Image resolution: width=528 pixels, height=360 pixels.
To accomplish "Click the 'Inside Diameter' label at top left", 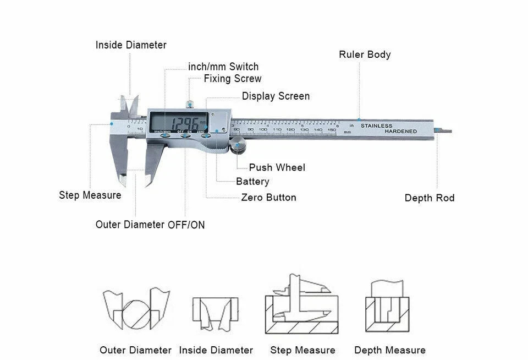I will pos(131,45).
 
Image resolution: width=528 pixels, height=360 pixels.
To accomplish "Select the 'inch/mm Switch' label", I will pos(223,67).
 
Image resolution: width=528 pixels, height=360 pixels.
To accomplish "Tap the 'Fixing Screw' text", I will pos(233,79).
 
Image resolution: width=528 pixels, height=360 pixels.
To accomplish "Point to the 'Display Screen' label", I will pos(276,96).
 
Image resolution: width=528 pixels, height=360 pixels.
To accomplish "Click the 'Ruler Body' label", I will pos(365,54).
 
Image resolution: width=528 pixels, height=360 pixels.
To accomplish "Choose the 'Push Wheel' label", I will pos(277,167).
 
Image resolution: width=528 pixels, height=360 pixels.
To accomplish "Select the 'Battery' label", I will pos(252,182).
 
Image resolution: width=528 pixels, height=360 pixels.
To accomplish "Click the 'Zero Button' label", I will pos(268,198).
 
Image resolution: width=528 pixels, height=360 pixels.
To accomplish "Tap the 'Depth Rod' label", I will pos(430,198).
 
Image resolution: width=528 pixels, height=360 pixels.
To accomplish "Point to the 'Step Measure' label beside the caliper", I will pos(90,195).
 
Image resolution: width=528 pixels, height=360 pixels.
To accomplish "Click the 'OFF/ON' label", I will pos(186,225).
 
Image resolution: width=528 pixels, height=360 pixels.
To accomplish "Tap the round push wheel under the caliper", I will pos(238,147).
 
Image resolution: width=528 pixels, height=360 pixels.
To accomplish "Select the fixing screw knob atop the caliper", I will pos(189,103).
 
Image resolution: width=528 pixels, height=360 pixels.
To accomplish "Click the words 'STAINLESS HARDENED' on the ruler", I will pos(388,128).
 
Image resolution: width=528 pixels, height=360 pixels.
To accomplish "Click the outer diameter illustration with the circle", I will pos(135,310).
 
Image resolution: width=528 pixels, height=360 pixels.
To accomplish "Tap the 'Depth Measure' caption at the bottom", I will pos(390,350).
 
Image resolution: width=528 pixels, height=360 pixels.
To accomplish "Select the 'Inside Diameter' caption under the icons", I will pos(216,350).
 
